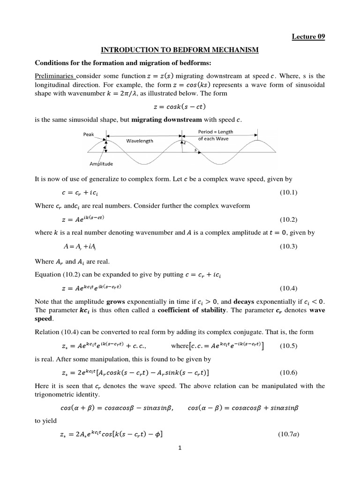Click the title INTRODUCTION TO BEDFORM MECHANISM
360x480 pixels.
[180, 50]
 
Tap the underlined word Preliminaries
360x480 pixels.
[54, 76]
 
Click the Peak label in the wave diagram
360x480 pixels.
[89, 135]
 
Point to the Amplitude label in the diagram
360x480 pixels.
[101, 164]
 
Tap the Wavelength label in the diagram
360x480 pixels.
[140, 141]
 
